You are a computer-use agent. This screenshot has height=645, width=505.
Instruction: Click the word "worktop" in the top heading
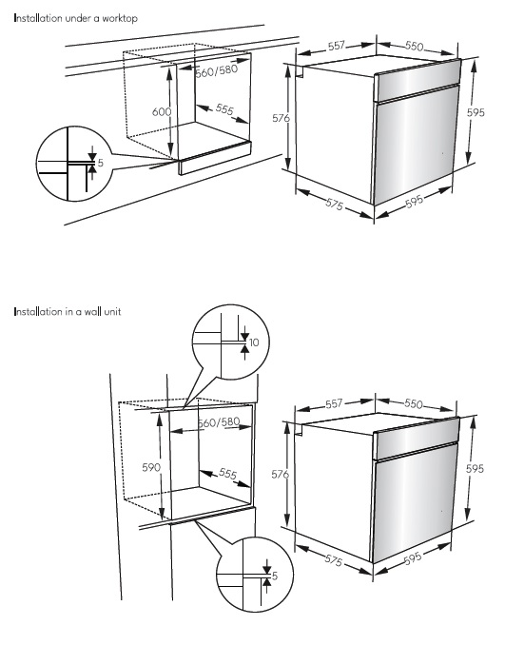[120, 18]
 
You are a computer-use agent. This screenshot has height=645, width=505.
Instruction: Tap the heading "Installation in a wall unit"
[68, 312]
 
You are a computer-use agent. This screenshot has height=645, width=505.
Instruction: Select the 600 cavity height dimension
[162, 112]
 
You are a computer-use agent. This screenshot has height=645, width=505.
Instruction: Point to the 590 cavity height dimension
[151, 468]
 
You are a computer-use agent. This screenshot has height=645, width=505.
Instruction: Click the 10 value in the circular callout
[254, 342]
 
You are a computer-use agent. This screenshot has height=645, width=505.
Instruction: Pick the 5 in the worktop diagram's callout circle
[101, 163]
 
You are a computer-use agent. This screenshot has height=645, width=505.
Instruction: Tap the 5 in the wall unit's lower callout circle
[275, 576]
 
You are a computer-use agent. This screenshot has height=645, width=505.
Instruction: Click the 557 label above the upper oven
[337, 46]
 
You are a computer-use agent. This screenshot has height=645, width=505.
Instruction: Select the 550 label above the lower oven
[414, 404]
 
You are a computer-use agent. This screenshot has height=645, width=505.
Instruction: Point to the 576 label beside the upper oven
[282, 118]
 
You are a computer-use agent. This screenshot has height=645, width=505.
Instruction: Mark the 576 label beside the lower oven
[280, 475]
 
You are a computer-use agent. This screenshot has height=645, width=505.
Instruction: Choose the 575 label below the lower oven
[334, 560]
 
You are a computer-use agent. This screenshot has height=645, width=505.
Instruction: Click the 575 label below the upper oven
[335, 204]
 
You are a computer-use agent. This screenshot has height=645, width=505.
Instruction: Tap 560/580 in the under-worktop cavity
[217, 70]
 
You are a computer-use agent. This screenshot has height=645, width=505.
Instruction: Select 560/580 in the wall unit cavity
[219, 422]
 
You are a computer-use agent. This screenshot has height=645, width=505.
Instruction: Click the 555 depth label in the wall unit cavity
[228, 474]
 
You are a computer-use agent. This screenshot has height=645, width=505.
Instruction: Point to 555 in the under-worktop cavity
[224, 109]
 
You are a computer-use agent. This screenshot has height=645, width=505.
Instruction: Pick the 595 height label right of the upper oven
[476, 112]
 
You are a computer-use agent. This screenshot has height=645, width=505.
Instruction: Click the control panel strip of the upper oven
[417, 81]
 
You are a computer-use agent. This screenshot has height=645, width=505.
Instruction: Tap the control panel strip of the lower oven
[416, 439]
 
